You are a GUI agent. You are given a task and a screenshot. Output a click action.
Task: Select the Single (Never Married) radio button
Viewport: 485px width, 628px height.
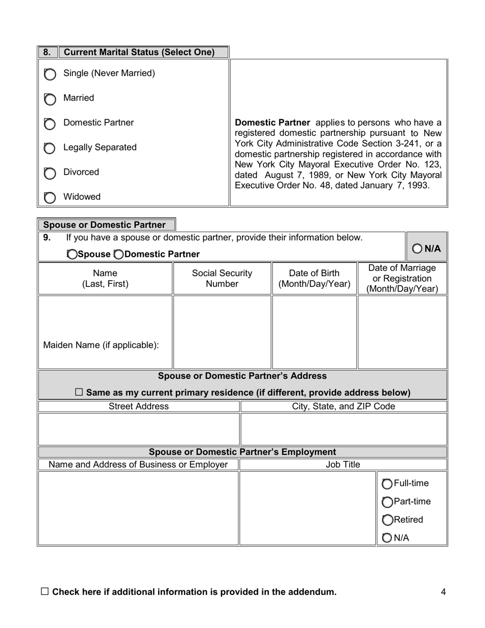point(50,75)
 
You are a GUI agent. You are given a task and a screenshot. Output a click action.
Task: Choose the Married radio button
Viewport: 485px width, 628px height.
point(50,99)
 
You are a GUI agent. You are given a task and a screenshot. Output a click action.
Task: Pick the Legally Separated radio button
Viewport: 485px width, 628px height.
point(50,149)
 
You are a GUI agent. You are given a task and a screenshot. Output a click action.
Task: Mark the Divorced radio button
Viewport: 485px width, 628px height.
point(50,174)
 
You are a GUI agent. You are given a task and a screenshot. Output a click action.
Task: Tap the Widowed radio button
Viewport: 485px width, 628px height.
point(50,198)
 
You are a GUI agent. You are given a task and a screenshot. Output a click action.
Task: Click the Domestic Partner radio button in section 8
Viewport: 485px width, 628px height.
point(50,124)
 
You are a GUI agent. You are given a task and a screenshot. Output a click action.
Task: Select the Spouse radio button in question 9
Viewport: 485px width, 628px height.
point(72,254)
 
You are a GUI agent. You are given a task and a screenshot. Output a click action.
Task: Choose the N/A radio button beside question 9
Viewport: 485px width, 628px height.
point(417,249)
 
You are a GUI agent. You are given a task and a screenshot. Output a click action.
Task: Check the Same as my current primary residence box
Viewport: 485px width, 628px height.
point(79,392)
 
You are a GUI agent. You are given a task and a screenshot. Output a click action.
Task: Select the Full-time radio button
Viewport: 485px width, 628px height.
point(387,484)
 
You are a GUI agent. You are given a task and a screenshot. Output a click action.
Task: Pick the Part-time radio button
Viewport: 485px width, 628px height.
point(387,502)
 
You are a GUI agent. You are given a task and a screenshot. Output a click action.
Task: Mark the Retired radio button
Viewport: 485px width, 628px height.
point(387,520)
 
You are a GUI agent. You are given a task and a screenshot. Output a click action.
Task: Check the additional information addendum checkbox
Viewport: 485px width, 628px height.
point(45,592)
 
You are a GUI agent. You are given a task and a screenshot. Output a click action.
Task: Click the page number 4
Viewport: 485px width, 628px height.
point(443,592)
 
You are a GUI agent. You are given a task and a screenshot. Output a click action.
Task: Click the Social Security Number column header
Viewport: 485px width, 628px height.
point(222,278)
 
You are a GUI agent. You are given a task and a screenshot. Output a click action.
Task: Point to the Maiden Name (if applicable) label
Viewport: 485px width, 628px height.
point(101,345)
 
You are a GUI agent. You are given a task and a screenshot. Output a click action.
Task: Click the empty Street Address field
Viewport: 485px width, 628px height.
point(139,429)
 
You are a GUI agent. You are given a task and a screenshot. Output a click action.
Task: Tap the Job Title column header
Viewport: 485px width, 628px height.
point(343,464)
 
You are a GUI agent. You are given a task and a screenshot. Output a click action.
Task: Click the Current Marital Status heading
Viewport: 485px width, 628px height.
point(139,52)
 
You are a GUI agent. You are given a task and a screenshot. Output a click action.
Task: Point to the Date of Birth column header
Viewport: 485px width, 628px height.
point(314,278)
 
